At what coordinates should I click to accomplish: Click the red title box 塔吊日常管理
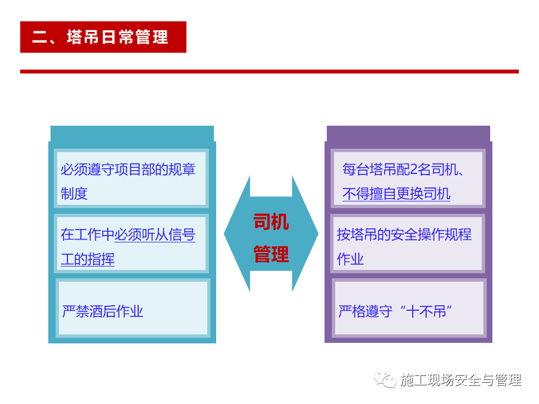coord(103,37)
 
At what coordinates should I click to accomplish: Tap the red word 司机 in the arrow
coord(271,222)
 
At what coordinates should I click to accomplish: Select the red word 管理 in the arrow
coord(271,254)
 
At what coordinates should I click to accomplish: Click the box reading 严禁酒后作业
coord(133,308)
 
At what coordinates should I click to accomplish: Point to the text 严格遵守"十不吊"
coord(395,311)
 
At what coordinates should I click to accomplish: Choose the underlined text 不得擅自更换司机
coord(396,194)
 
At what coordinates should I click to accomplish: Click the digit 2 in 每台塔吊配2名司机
coord(414,169)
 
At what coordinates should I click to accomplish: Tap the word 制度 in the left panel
coord(74,194)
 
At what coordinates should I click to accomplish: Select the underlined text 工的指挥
coord(88,259)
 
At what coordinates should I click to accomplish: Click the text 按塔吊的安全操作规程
coord(404,235)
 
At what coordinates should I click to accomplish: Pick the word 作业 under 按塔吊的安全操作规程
coord(350,259)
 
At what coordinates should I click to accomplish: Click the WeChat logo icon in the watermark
coord(385,379)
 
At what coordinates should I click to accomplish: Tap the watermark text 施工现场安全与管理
coord(460,380)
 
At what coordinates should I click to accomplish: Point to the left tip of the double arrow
coord(224,233)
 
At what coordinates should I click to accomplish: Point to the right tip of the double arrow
coord(318,233)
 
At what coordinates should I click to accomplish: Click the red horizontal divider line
coord(269,71)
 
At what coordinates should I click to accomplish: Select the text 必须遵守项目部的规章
coord(128,169)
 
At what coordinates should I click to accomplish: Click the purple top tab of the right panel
coord(408,134)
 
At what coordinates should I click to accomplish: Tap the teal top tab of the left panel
coord(132,134)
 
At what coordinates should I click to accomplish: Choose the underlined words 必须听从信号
coord(155,235)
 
